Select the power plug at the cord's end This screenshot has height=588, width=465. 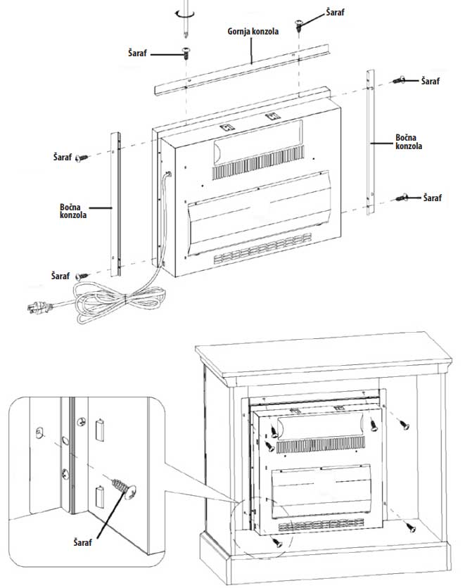click(x=35, y=307)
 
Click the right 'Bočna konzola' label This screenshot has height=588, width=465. click(x=409, y=141)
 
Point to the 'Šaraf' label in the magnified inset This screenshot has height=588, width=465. click(x=84, y=542)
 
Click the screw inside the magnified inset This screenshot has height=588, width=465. click(x=124, y=487)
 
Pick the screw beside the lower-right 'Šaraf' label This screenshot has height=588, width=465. click(x=402, y=198)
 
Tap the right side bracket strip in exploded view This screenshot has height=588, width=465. click(x=370, y=141)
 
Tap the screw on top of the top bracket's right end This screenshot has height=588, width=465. click(x=300, y=26)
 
